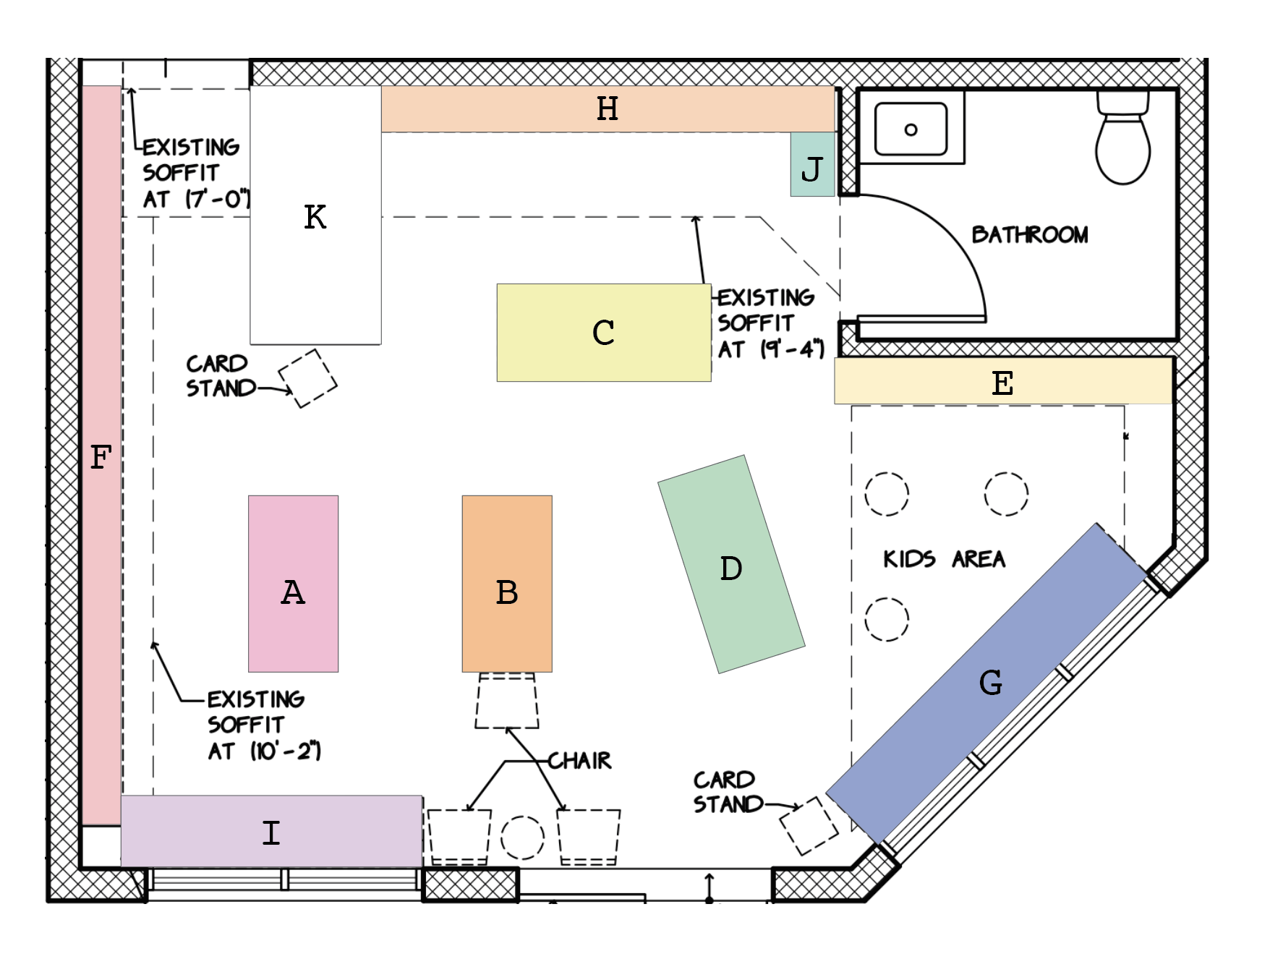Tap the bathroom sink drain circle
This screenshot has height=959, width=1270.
click(x=911, y=129)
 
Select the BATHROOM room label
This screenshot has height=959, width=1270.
click(x=1029, y=235)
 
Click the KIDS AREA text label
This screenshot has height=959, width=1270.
click(x=944, y=559)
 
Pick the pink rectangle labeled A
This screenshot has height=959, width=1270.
click(x=293, y=583)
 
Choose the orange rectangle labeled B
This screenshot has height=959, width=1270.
click(x=507, y=583)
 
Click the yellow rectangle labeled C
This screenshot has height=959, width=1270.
click(x=603, y=333)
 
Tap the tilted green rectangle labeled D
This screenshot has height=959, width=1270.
click(x=731, y=564)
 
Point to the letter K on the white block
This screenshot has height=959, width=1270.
click(x=315, y=217)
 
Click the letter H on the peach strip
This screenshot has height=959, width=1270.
click(x=608, y=109)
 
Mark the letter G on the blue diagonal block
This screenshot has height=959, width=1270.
click(x=990, y=683)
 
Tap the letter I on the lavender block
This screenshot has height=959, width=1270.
click(x=271, y=833)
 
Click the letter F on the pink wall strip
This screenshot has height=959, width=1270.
click(x=101, y=458)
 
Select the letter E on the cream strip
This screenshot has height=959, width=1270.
click(x=1002, y=383)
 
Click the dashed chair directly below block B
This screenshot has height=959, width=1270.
click(x=507, y=701)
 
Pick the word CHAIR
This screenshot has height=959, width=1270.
click(x=579, y=761)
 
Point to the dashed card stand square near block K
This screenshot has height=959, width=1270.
click(x=308, y=378)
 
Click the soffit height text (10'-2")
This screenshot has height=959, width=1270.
click(x=285, y=751)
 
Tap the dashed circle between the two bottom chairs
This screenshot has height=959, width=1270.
click(x=522, y=837)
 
